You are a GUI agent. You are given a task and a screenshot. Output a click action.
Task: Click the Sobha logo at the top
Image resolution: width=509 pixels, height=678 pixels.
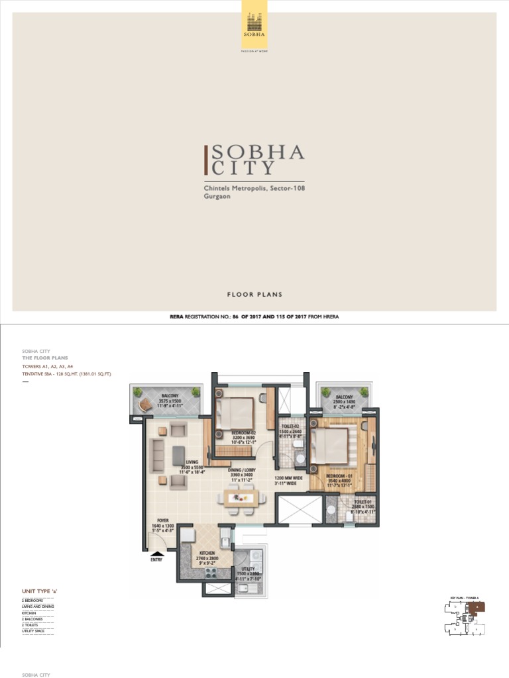click(254, 24)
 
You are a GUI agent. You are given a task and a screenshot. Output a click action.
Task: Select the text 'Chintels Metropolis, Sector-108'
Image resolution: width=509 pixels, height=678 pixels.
click(254, 189)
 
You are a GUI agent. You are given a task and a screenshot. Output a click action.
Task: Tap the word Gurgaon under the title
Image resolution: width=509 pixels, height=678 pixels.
click(217, 197)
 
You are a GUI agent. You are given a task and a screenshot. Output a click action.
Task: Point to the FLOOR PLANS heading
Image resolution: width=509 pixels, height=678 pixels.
click(254, 295)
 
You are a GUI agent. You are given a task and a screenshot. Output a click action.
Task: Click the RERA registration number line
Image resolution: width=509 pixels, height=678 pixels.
click(254, 317)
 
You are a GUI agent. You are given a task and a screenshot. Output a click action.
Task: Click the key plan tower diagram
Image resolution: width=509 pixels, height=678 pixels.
click(463, 618)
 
